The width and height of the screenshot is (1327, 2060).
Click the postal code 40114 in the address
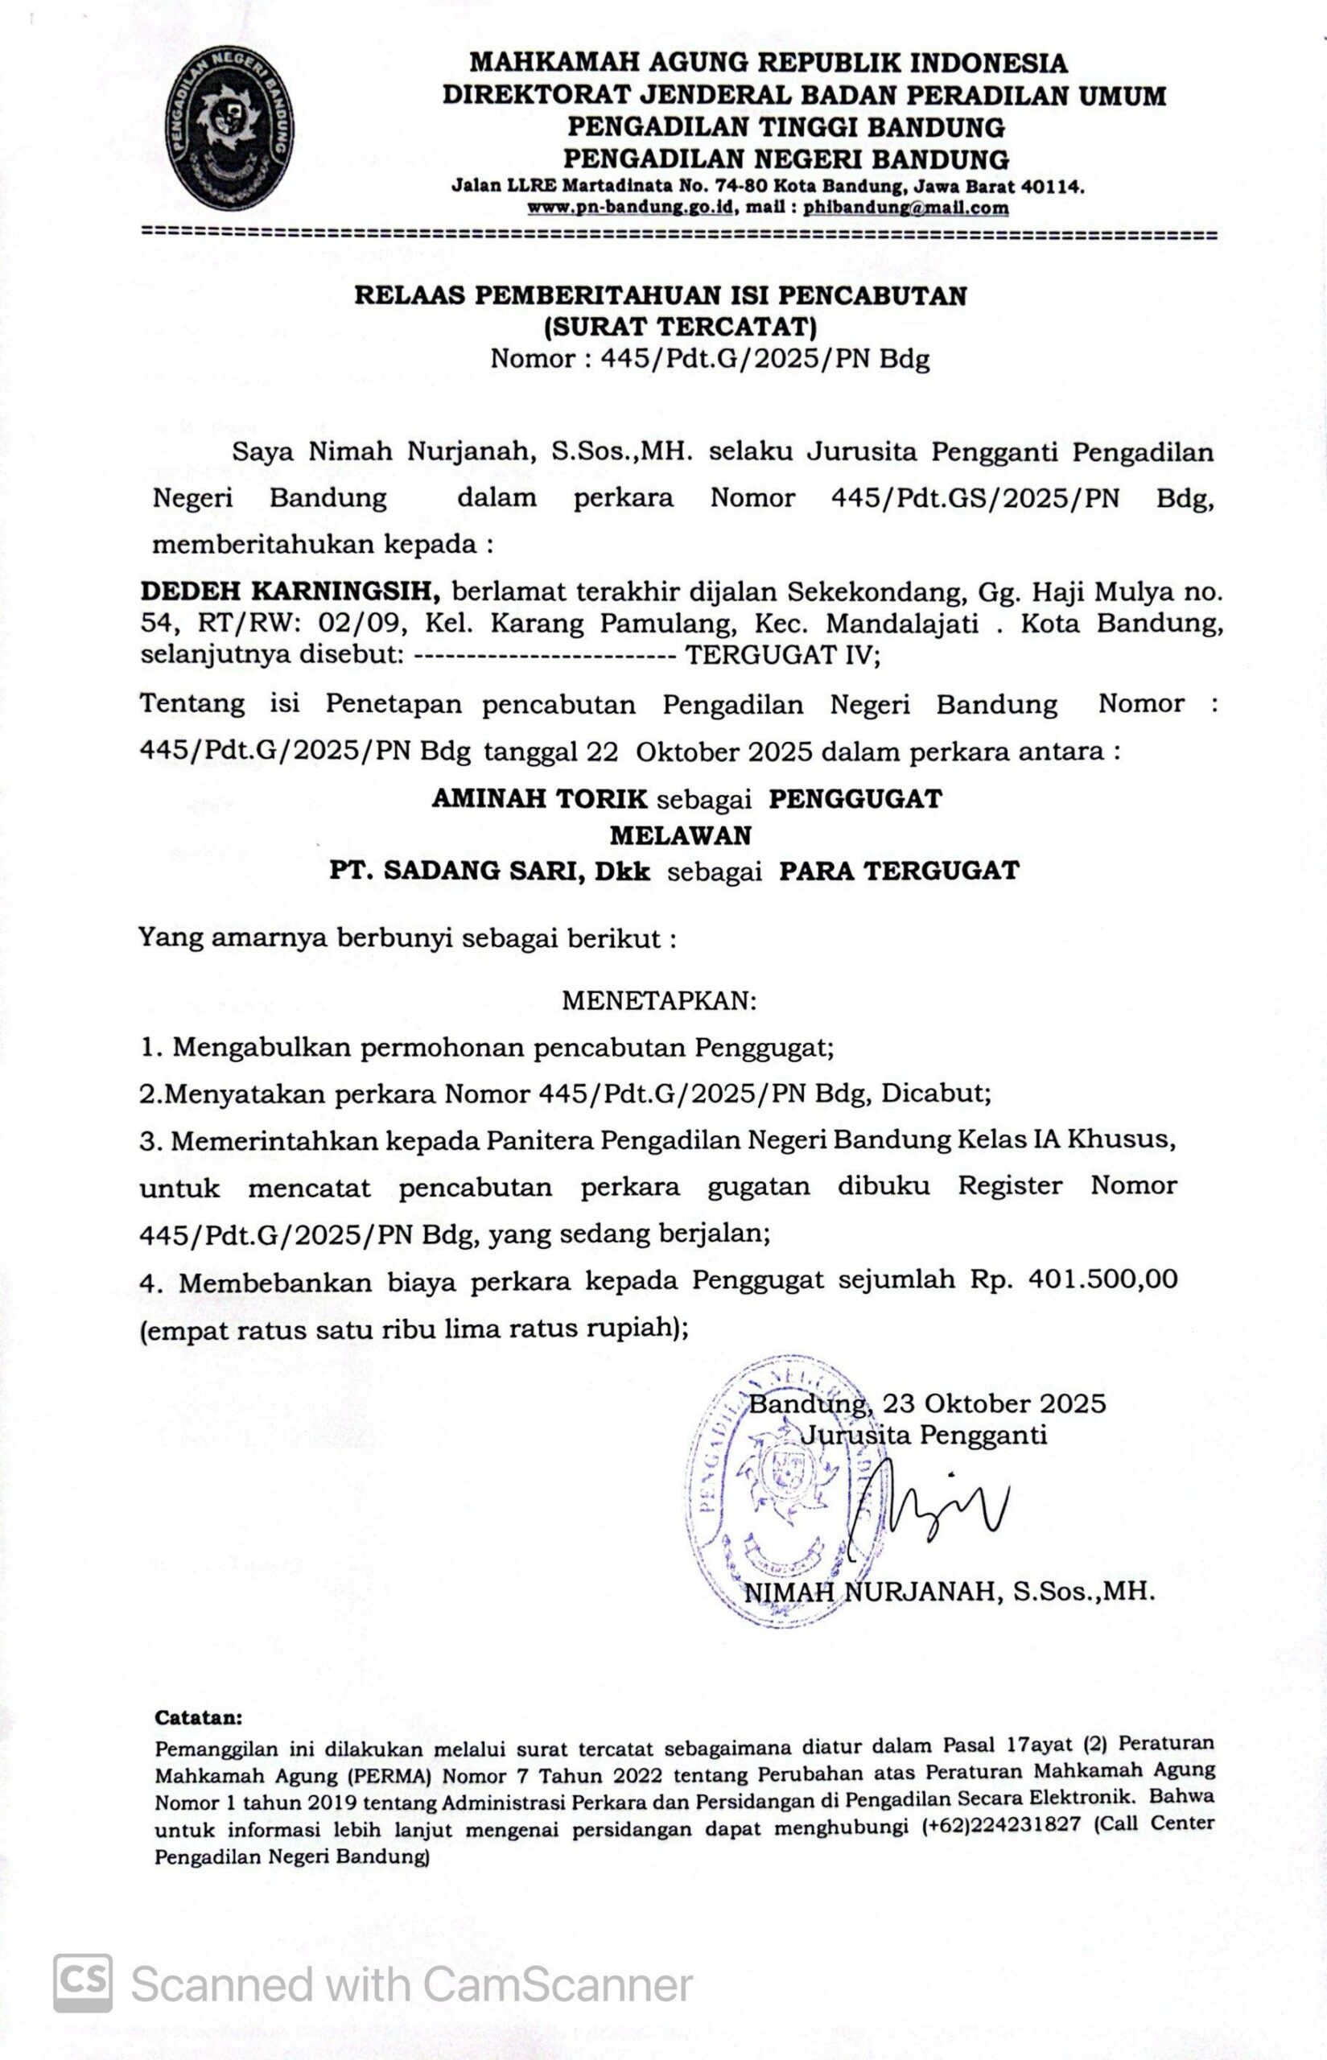tap(1052, 186)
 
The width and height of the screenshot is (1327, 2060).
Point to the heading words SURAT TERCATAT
tap(680, 327)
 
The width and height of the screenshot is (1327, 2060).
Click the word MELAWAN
tap(681, 834)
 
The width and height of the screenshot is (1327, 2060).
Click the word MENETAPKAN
tap(659, 1001)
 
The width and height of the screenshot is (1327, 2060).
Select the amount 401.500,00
tap(1103, 1279)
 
